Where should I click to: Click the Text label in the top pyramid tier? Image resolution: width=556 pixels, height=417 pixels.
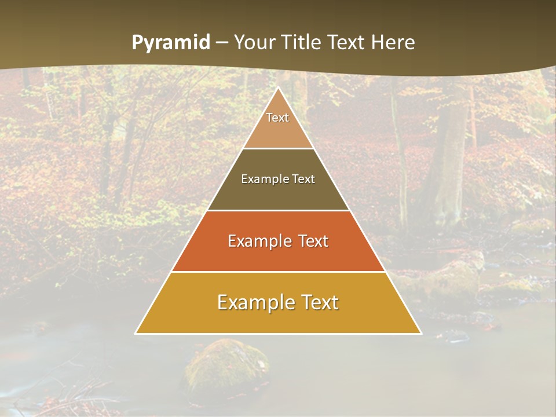point(277,118)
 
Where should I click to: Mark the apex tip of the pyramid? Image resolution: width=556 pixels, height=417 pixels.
point(278,89)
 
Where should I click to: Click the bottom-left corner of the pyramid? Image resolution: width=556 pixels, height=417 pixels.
point(136,333)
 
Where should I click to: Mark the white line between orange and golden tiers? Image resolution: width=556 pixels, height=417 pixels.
point(278,272)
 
